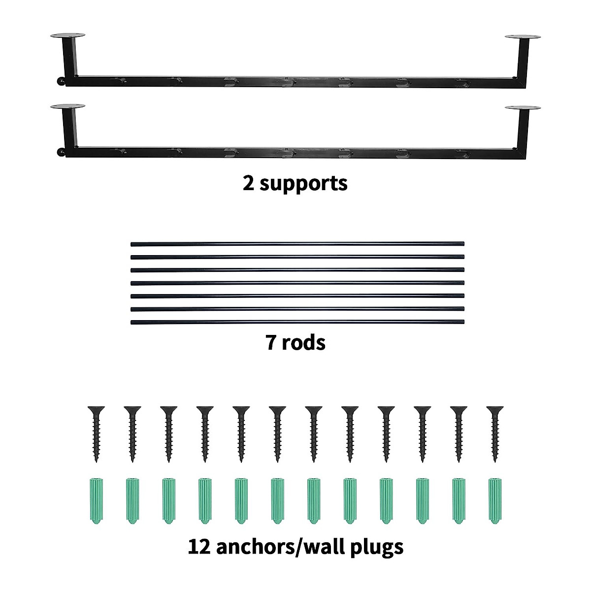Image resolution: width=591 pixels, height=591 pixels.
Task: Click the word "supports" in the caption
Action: pyautogui.click(x=304, y=184)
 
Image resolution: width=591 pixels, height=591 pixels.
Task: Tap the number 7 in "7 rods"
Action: pyautogui.click(x=271, y=342)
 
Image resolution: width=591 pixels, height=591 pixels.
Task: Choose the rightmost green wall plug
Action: pyautogui.click(x=494, y=500)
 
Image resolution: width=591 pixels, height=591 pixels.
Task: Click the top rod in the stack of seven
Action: pyautogui.click(x=297, y=243)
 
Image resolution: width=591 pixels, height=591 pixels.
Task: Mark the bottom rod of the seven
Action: pyautogui.click(x=297, y=323)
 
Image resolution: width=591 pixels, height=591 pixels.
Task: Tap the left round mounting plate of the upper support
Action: pyautogui.click(x=67, y=36)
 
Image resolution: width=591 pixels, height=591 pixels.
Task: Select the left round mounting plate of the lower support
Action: pyautogui.click(x=67, y=106)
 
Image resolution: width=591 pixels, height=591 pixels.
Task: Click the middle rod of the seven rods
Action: pyautogui.click(x=297, y=283)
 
